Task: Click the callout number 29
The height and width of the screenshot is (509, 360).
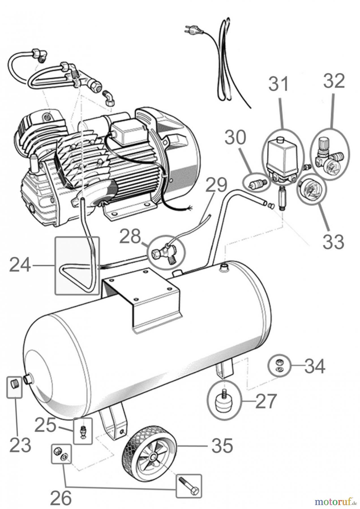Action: [216, 186]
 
